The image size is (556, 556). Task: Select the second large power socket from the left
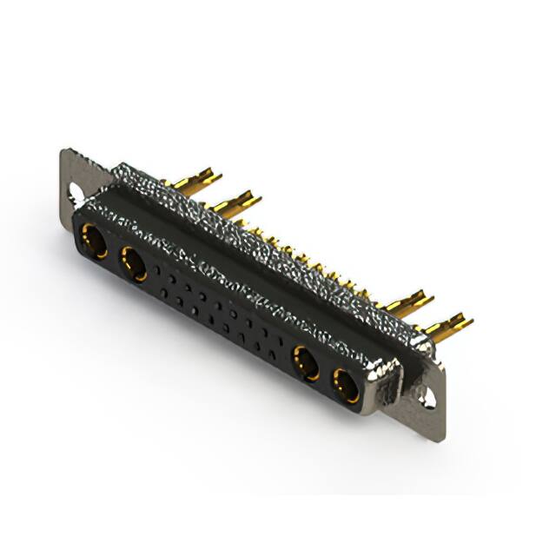point(135,263)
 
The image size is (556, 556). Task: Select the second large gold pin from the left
point(235,204)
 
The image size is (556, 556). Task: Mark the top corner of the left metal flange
point(64,152)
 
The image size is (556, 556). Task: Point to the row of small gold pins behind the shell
point(313,261)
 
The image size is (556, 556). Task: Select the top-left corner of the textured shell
point(116,165)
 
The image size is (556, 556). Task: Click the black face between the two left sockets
point(113,252)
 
